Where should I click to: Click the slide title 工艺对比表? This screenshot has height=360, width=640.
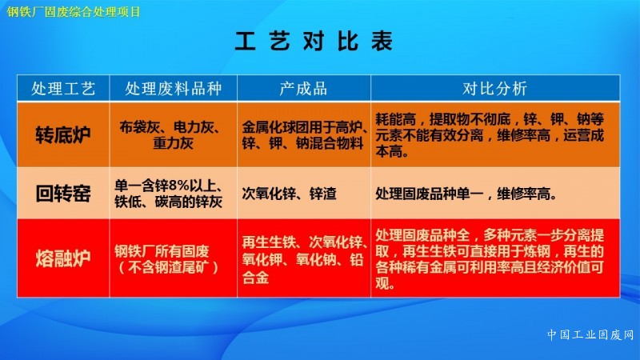[x=314, y=41]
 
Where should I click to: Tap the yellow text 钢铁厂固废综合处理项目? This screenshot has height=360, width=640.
[x=74, y=12]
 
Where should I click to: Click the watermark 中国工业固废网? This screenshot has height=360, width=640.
[x=590, y=334]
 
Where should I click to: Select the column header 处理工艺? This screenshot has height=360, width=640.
[x=63, y=88]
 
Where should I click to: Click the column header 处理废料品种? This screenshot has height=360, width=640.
[x=173, y=88]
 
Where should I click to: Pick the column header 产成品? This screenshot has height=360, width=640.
[x=303, y=88]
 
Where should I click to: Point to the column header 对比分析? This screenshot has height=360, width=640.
[x=494, y=88]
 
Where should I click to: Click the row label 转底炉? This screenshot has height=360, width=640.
[x=63, y=134]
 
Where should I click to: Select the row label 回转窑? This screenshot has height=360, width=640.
[x=63, y=193]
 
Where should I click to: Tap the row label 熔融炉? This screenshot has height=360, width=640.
[x=63, y=258]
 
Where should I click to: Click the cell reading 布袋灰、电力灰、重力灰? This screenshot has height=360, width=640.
[x=173, y=135]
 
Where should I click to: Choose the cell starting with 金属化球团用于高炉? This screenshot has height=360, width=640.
[x=304, y=135]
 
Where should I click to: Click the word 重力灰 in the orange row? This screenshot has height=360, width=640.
[x=173, y=143]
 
